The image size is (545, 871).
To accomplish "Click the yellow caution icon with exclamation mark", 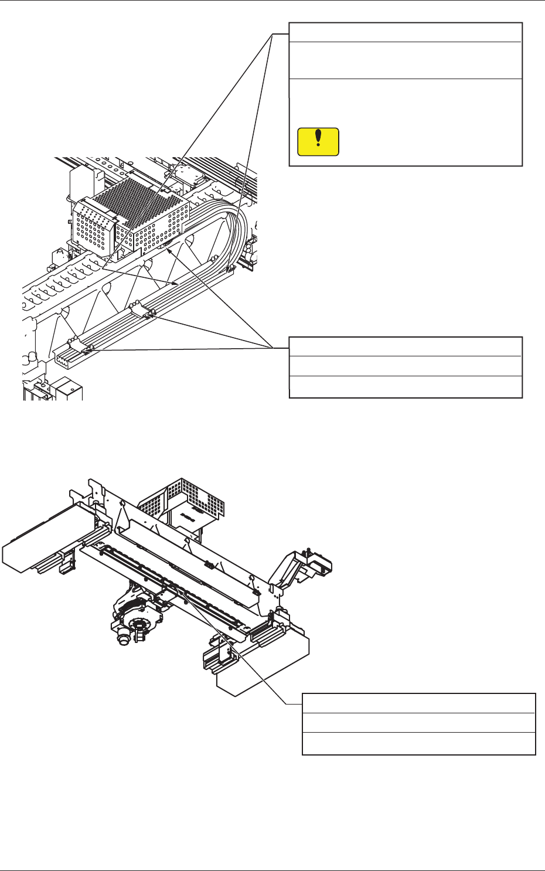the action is (x=318, y=142).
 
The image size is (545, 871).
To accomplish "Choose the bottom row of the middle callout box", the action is (x=406, y=387).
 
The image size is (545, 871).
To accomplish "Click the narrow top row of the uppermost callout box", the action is (x=406, y=32).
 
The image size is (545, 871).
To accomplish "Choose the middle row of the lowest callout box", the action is (x=418, y=722).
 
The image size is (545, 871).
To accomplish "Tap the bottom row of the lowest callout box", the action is (x=418, y=743).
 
